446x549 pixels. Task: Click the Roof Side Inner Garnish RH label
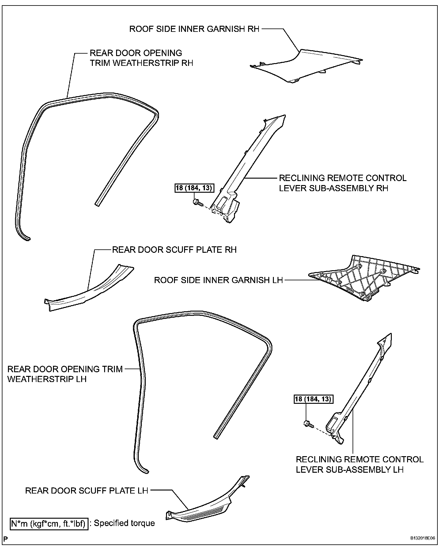click(194, 29)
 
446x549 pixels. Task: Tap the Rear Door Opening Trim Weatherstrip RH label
click(141, 58)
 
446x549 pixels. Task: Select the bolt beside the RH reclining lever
click(197, 202)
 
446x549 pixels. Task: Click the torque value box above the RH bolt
click(194, 188)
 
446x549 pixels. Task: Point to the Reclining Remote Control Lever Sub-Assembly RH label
click(342, 183)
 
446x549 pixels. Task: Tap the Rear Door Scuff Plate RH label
click(174, 250)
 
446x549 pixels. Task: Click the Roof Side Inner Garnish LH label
click(218, 280)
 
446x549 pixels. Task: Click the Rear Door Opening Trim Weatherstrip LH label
click(65, 374)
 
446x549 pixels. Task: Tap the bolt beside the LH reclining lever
click(308, 424)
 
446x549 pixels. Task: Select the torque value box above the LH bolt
click(313, 399)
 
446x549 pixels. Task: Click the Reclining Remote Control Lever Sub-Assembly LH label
click(359, 464)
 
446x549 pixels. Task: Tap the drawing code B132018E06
click(423, 538)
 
